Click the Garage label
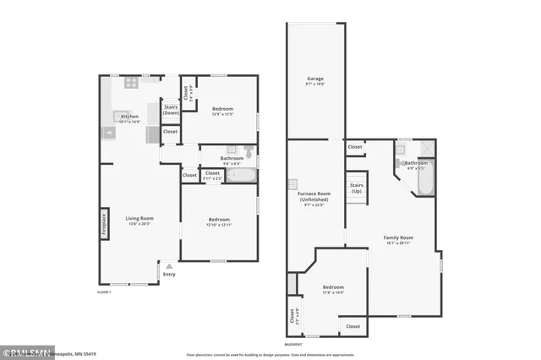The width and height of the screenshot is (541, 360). point(314,80)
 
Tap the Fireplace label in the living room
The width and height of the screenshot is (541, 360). point(104,224)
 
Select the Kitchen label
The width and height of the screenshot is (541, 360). point(128,117)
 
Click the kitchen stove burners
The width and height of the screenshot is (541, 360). point(131,83)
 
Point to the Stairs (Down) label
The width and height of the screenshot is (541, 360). point(171,109)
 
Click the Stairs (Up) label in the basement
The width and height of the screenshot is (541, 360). point(356,188)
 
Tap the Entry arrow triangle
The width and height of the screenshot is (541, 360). point(169,265)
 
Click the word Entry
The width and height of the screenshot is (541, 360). point(169,274)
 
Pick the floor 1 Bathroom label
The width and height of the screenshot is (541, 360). point(232,158)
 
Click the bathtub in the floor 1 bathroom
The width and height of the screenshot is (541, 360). point(243,176)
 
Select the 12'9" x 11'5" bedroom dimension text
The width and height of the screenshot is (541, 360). point(222,114)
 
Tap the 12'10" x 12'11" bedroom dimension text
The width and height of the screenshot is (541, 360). point(219,224)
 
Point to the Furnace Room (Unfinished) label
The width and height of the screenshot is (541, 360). point(313,197)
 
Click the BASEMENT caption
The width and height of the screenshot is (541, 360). point(292,344)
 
